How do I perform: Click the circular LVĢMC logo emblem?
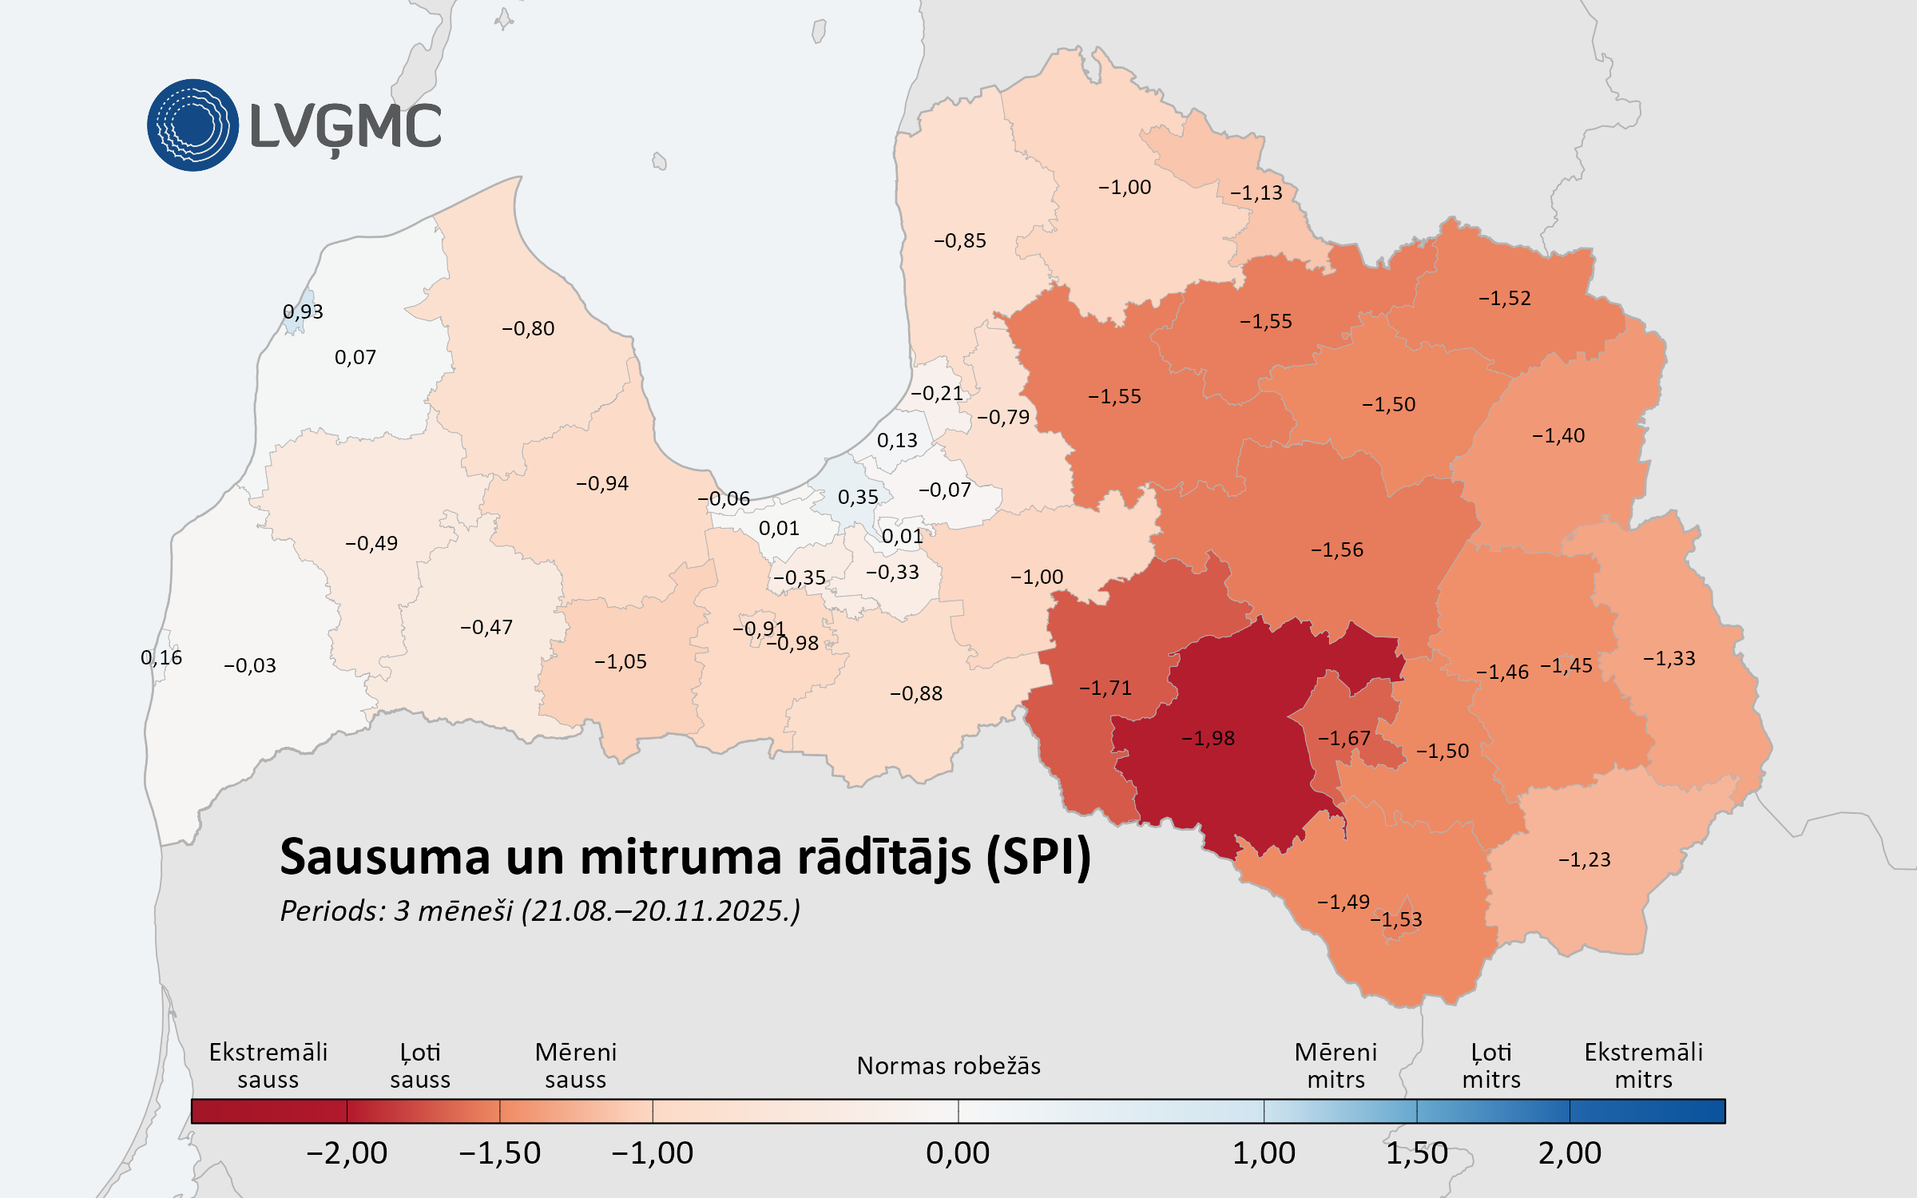[x=192, y=125]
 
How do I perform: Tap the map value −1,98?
[x=1208, y=738]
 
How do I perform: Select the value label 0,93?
[x=303, y=311]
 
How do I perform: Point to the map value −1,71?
[x=1105, y=688]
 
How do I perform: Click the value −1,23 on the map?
[x=1584, y=859]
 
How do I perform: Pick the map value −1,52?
[x=1504, y=298]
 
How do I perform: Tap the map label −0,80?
[x=528, y=328]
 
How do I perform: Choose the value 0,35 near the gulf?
[x=858, y=497]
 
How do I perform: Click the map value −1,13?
[x=1256, y=192]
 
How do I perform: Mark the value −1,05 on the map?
[x=621, y=661]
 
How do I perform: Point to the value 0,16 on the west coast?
[x=161, y=657]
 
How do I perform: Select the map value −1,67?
[x=1343, y=738]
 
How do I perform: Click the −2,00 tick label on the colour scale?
[x=347, y=1152]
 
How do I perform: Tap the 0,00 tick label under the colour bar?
[x=958, y=1152]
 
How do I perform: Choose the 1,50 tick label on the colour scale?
[x=1416, y=1152]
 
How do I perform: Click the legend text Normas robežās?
[x=948, y=1065]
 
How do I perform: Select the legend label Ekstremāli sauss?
[x=268, y=1065]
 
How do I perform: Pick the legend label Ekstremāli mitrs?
[x=1643, y=1065]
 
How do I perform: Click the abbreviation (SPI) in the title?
[x=1038, y=857]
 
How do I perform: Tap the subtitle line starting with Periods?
[x=540, y=910]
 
